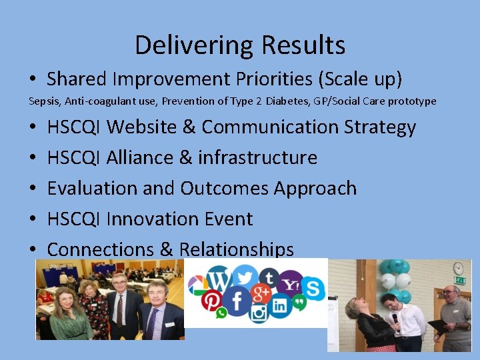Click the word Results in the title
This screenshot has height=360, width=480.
[x=303, y=45]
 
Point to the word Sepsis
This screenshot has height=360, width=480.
[x=42, y=101]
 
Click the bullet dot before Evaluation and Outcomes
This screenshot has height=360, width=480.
[x=33, y=189]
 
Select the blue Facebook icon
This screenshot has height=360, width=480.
[x=237, y=302]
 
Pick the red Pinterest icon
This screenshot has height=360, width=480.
[x=212, y=301]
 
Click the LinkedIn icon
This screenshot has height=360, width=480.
[x=279, y=306]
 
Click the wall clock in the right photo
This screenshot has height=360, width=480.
[x=458, y=267]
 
